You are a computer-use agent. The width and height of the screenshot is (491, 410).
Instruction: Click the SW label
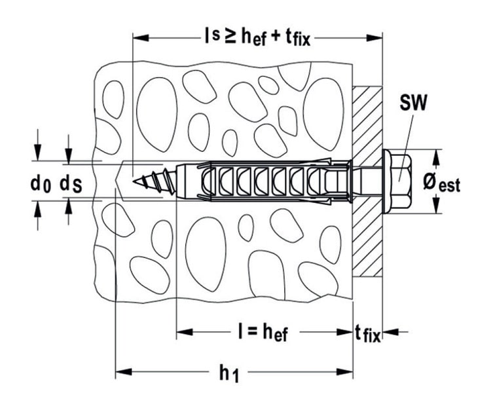point(413,103)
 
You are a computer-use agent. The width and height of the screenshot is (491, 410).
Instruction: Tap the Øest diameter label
point(442,183)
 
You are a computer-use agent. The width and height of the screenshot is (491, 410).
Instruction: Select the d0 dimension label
point(41,184)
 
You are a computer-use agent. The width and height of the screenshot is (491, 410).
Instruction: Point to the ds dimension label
point(71,185)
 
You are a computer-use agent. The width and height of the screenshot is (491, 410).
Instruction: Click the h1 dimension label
point(229,374)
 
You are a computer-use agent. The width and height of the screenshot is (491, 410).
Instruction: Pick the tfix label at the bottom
point(368,334)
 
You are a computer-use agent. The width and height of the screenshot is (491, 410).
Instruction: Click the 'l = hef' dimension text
point(263,333)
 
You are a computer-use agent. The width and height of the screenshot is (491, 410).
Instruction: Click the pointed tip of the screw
point(134,181)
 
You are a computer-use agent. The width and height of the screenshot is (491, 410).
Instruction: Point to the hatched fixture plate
point(368,181)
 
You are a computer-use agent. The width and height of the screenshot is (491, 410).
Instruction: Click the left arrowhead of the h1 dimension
point(123,372)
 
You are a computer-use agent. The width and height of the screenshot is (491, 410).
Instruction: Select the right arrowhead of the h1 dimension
point(345,372)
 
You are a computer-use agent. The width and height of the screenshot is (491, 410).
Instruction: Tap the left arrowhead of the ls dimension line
point(141,37)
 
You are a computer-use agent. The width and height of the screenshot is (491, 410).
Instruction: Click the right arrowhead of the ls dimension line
point(374,37)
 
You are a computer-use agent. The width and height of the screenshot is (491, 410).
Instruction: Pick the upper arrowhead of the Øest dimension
point(435,158)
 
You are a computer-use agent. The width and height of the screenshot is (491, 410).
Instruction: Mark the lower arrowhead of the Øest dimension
point(435,206)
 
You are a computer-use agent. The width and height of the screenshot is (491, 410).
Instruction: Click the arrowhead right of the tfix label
point(391,331)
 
